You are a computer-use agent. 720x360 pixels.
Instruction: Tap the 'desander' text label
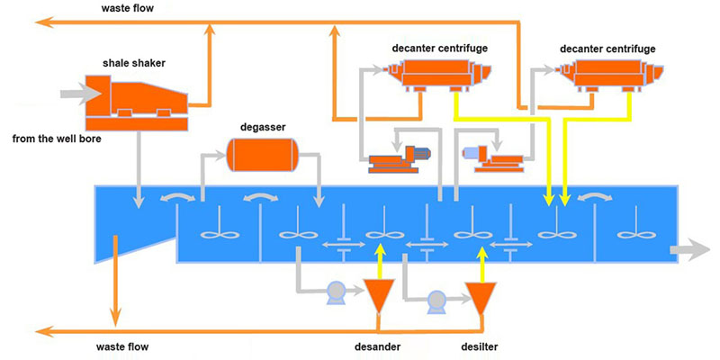[x=376, y=346]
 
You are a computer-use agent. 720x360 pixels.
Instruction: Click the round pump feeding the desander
[x=337, y=291]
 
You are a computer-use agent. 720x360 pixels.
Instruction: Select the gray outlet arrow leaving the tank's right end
[x=697, y=249]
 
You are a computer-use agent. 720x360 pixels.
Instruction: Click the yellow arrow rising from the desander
[x=378, y=261]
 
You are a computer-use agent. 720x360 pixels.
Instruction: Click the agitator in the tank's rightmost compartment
[x=635, y=233]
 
